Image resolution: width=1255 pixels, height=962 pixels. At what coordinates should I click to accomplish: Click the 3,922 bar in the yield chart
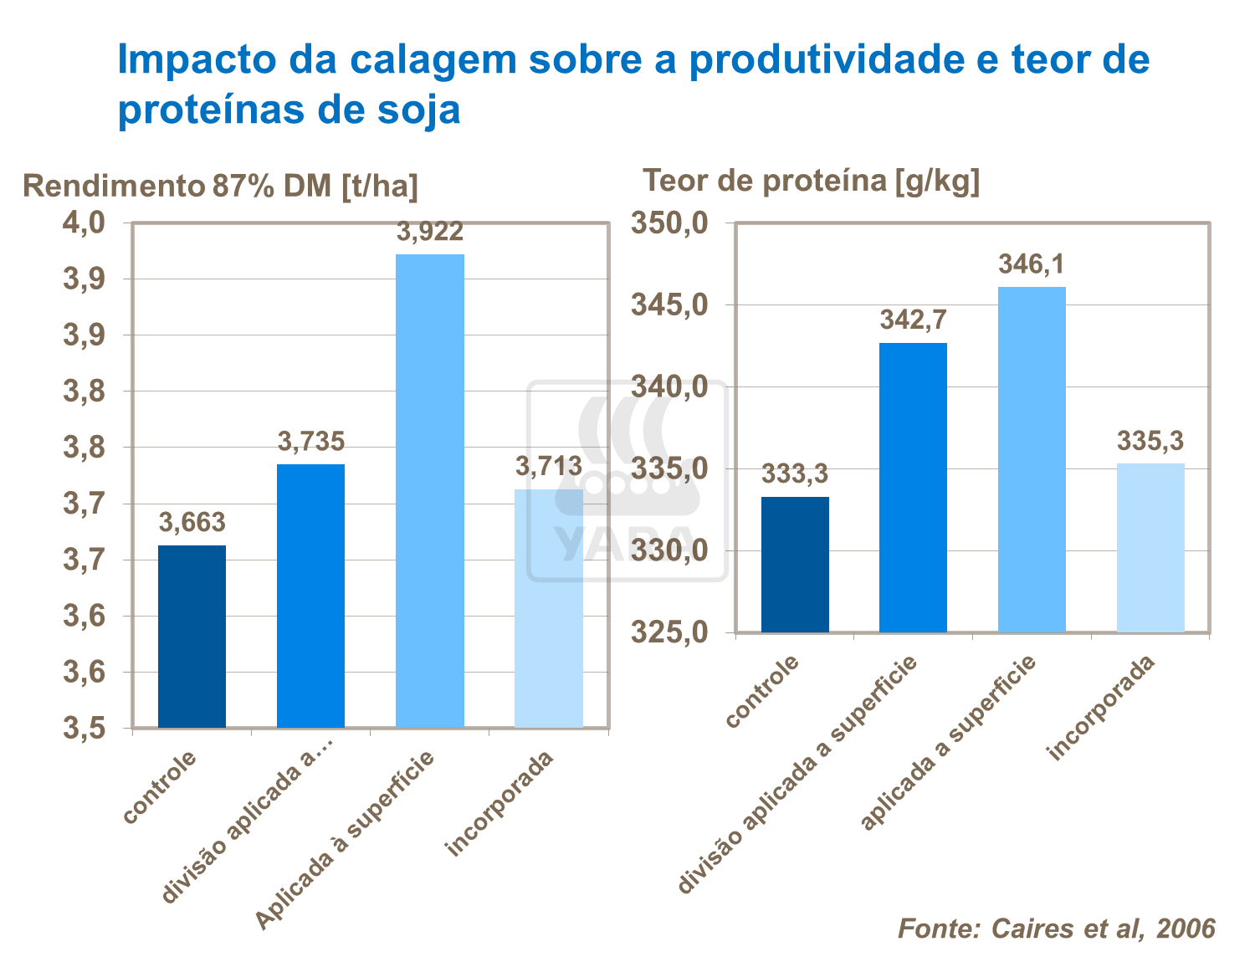(429, 490)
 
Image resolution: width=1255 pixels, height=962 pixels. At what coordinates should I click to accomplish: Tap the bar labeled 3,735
(310, 596)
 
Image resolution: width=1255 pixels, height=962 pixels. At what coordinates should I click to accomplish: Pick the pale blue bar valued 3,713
(548, 608)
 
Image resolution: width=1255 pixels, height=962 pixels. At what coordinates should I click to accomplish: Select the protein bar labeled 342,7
(913, 487)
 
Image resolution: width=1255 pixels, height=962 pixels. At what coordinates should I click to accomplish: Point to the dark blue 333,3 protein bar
(795, 564)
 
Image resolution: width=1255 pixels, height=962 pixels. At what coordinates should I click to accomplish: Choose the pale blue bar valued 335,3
(1150, 547)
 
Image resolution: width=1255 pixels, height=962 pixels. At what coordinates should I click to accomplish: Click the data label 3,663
(192, 523)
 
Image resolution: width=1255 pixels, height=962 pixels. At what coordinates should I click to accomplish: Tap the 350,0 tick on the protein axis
(670, 223)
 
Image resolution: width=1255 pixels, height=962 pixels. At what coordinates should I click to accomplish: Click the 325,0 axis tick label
(670, 632)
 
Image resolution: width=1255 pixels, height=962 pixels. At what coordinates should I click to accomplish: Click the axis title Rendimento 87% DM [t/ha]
(220, 186)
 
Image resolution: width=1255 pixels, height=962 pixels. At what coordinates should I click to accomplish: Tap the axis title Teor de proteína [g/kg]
(810, 180)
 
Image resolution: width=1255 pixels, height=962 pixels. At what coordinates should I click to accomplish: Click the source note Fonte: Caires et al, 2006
(1056, 929)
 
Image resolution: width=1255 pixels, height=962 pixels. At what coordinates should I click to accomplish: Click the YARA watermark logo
(626, 481)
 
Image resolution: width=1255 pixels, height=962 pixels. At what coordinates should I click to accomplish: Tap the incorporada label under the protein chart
(1102, 708)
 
